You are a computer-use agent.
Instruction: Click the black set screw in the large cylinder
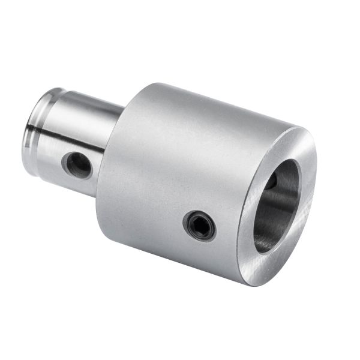click(x=199, y=226)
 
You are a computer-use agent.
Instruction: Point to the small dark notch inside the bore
click(x=271, y=181)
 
